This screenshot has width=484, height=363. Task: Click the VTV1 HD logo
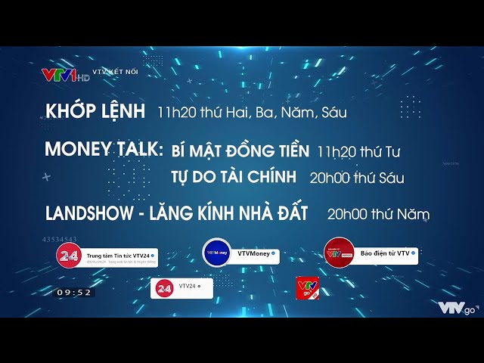[65, 74]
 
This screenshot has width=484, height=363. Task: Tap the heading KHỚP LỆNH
[95, 111]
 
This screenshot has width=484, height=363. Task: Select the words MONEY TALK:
[104, 149]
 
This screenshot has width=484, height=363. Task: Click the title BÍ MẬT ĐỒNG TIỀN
[240, 150]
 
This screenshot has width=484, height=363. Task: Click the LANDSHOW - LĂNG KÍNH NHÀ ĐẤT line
[176, 213]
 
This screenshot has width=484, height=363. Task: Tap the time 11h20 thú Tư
[358, 151]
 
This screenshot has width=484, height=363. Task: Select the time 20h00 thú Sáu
[356, 178]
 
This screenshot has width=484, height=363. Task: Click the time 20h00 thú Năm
[378, 214]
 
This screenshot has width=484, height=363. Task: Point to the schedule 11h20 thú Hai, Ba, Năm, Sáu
[252, 113]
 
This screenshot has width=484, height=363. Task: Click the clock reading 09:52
[74, 293]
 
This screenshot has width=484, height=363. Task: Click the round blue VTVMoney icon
[217, 252]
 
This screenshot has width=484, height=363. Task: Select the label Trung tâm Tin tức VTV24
[121, 256]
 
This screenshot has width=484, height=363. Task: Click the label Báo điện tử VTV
[388, 253]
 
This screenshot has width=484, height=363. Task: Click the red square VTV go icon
[306, 288]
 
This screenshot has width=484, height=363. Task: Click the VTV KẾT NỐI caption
[115, 71]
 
